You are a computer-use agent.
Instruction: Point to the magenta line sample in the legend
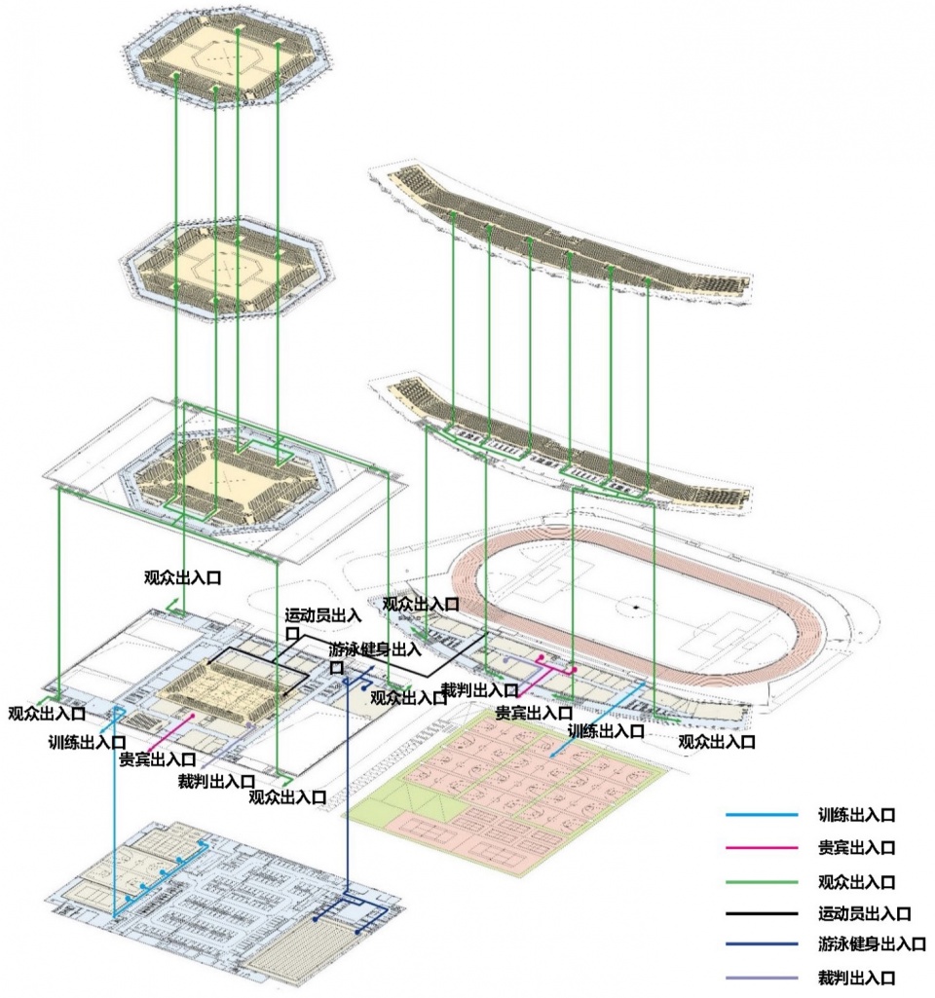760,847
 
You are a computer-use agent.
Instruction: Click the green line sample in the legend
760,881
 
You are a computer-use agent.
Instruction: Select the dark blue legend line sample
760,944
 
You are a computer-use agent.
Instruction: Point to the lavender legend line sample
760,978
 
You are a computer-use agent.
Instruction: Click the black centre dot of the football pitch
634,608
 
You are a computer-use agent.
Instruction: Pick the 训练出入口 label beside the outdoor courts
606,730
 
